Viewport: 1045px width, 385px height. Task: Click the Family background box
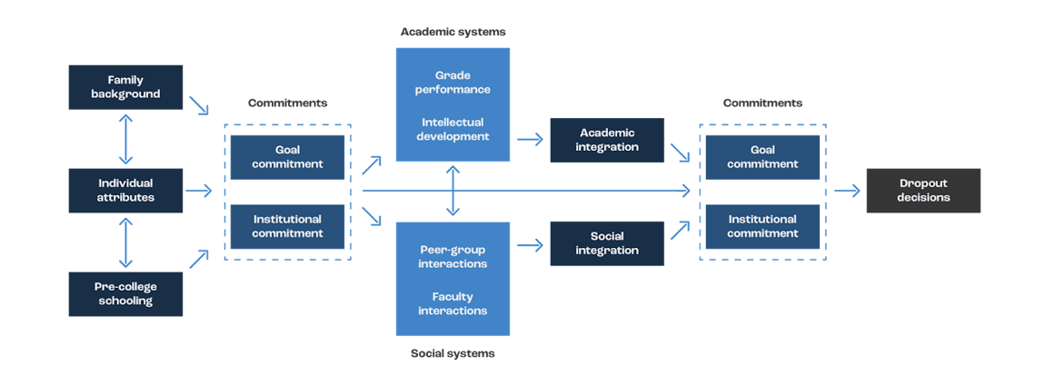(x=126, y=87)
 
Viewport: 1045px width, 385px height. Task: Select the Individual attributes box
(x=126, y=191)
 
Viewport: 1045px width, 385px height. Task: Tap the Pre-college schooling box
(x=126, y=293)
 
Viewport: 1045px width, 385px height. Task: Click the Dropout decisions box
(x=923, y=191)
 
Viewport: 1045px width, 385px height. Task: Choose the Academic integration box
(x=607, y=140)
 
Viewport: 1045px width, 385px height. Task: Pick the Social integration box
(x=607, y=243)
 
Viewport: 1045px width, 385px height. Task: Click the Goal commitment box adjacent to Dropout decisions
(x=762, y=157)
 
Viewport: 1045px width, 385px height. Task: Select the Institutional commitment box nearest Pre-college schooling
(x=287, y=226)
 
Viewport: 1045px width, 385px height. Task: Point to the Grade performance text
(x=453, y=83)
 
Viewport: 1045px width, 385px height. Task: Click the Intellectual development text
(x=453, y=129)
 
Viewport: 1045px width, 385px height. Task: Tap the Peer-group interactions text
(x=453, y=256)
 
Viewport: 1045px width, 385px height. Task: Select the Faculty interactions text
(x=453, y=303)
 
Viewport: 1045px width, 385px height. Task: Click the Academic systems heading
(x=453, y=33)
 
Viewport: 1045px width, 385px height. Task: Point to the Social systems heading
(x=453, y=353)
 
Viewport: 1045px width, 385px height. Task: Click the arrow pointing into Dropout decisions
(x=846, y=191)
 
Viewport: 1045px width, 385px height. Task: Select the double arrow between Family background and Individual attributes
(x=126, y=139)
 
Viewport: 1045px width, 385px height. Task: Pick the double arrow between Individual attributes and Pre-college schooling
(x=126, y=242)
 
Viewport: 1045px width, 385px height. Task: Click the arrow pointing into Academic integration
(x=530, y=140)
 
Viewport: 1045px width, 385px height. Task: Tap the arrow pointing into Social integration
(x=530, y=243)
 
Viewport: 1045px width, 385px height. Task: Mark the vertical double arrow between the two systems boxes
(x=453, y=192)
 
